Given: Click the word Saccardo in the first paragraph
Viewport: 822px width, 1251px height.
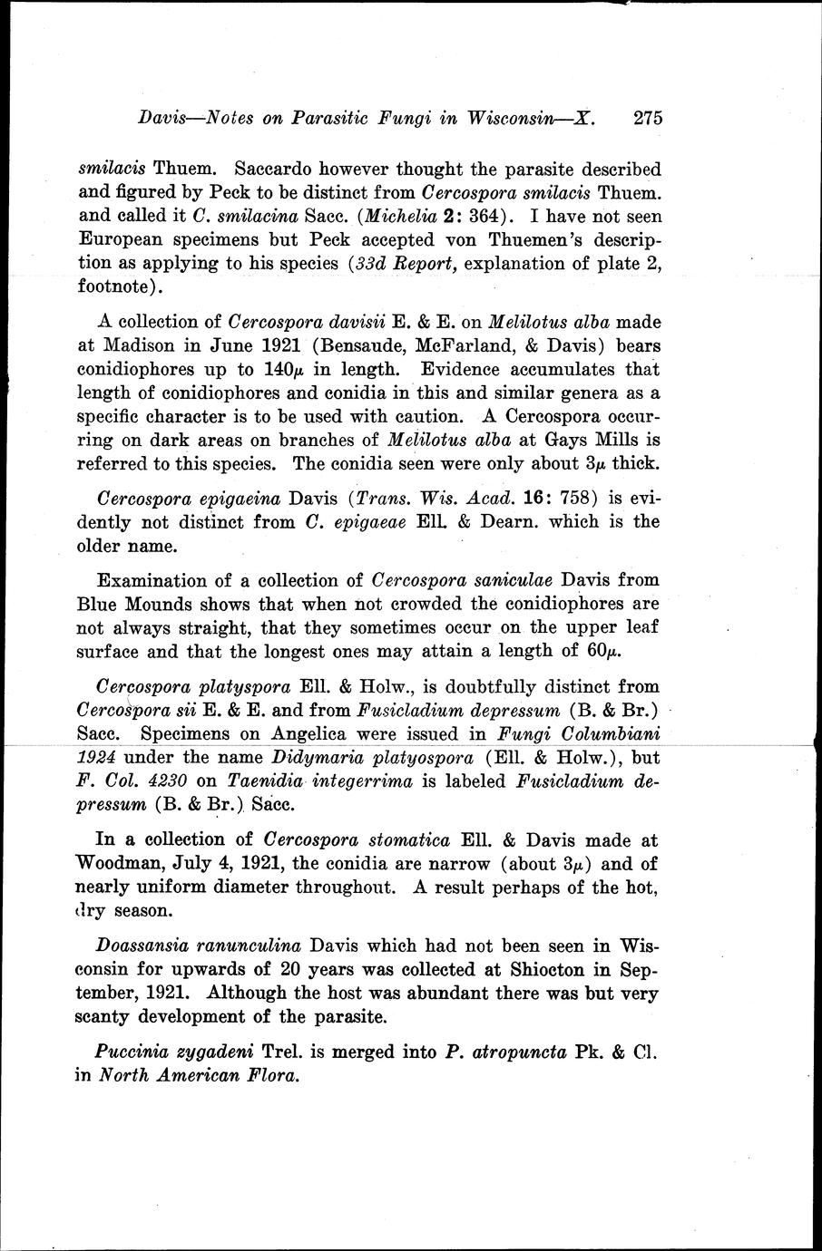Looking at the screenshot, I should (278, 169).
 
